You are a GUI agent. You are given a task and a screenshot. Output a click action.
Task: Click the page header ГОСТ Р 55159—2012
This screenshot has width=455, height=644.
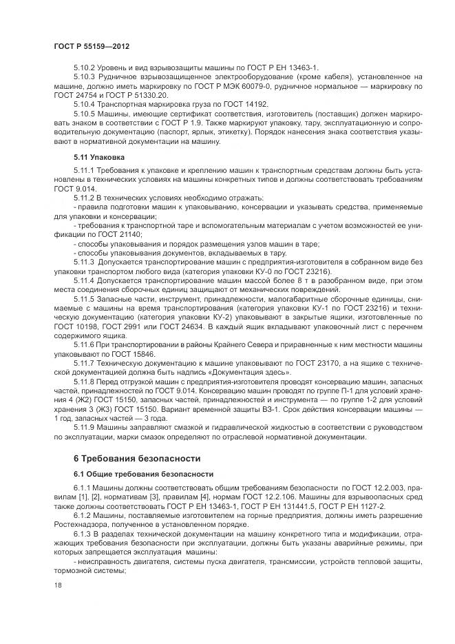point(92,45)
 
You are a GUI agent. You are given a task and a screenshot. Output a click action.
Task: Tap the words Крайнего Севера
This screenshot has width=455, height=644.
point(232,343)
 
